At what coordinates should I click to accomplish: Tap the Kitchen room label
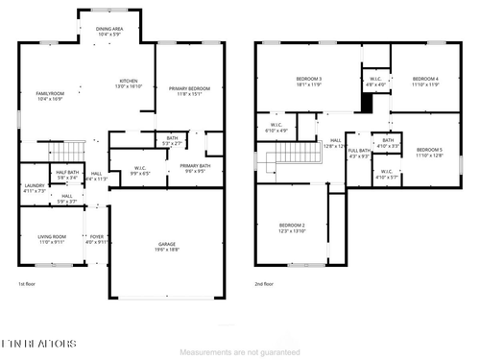[130, 84]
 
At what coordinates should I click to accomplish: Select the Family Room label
[49, 95]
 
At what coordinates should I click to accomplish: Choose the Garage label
[167, 247]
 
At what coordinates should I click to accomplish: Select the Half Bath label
[67, 175]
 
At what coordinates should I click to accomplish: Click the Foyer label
[97, 240]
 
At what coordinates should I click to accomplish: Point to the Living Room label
[52, 239]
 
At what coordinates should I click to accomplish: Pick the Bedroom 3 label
[307, 82]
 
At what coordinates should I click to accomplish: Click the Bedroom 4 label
[425, 82]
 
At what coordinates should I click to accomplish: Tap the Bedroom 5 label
[428, 152]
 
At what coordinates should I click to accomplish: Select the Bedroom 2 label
[292, 228]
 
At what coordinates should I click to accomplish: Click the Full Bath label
[359, 154]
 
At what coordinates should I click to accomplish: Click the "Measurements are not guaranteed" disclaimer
[240, 351]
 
